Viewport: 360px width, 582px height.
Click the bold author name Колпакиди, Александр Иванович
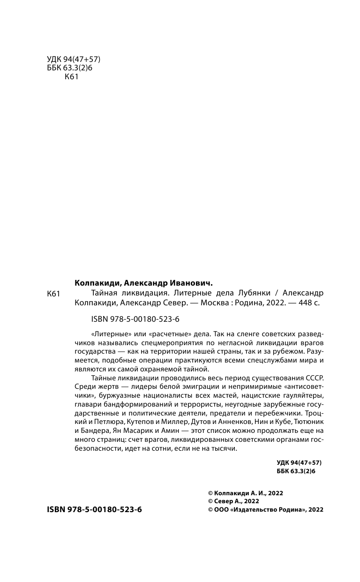click(x=143, y=283)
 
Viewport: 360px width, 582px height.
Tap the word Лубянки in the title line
click(x=255, y=293)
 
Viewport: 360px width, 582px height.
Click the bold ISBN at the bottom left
click(x=94, y=509)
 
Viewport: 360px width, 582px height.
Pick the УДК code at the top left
click(x=74, y=60)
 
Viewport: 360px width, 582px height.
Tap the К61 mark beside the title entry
click(x=55, y=294)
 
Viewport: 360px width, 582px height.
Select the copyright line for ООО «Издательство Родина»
click(x=265, y=510)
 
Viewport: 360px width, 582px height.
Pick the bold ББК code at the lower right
click(x=296, y=471)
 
